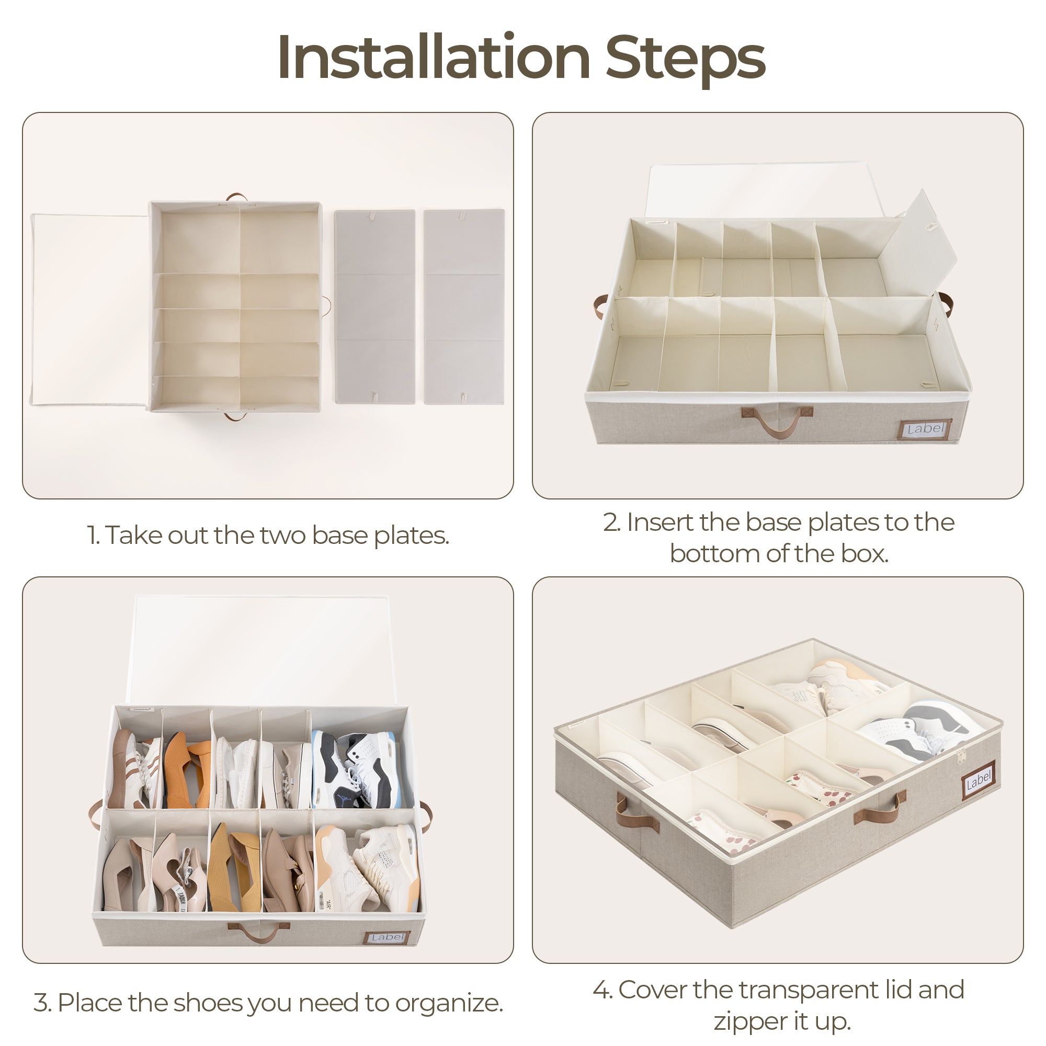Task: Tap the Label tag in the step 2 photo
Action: pyautogui.click(x=925, y=429)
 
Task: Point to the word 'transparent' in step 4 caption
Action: pyautogui.click(x=810, y=990)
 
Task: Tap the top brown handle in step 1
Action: pyautogui.click(x=237, y=198)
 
